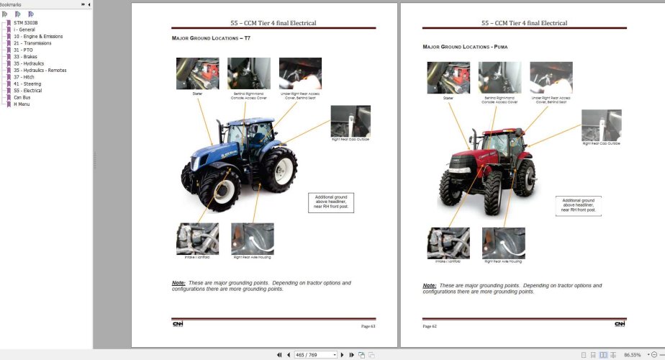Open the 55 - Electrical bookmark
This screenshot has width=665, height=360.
[x=28, y=91]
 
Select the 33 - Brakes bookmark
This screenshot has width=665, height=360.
[x=25, y=57]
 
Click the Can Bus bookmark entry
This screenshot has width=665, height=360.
[x=22, y=97]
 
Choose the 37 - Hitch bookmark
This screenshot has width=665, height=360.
[x=24, y=77]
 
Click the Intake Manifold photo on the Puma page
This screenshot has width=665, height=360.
[x=448, y=243]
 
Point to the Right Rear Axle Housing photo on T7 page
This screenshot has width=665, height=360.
[x=252, y=238]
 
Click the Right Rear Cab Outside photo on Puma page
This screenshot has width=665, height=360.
[x=601, y=125]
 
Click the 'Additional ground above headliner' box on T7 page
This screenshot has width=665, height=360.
[x=330, y=202]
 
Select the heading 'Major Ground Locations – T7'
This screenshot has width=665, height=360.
[x=211, y=37]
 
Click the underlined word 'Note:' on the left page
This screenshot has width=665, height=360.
[x=178, y=283]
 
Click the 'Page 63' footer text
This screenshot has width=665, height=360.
[x=368, y=326]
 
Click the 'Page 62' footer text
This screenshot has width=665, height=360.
[x=430, y=326]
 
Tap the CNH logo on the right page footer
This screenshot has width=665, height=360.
[x=620, y=324]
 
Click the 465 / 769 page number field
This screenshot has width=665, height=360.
[x=316, y=355]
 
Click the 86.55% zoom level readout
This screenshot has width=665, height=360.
[x=633, y=355]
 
